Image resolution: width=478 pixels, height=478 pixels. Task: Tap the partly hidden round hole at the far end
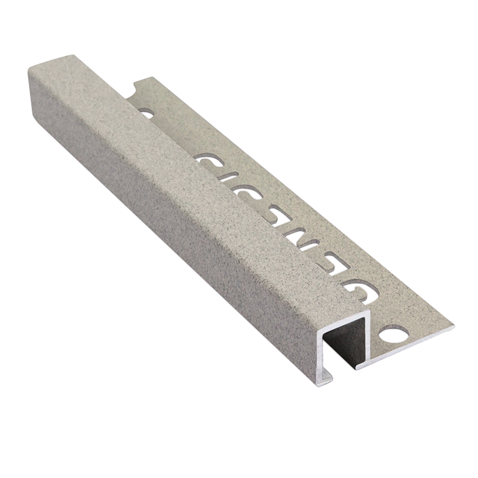145,112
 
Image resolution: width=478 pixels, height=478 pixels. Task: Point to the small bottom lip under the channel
326,376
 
